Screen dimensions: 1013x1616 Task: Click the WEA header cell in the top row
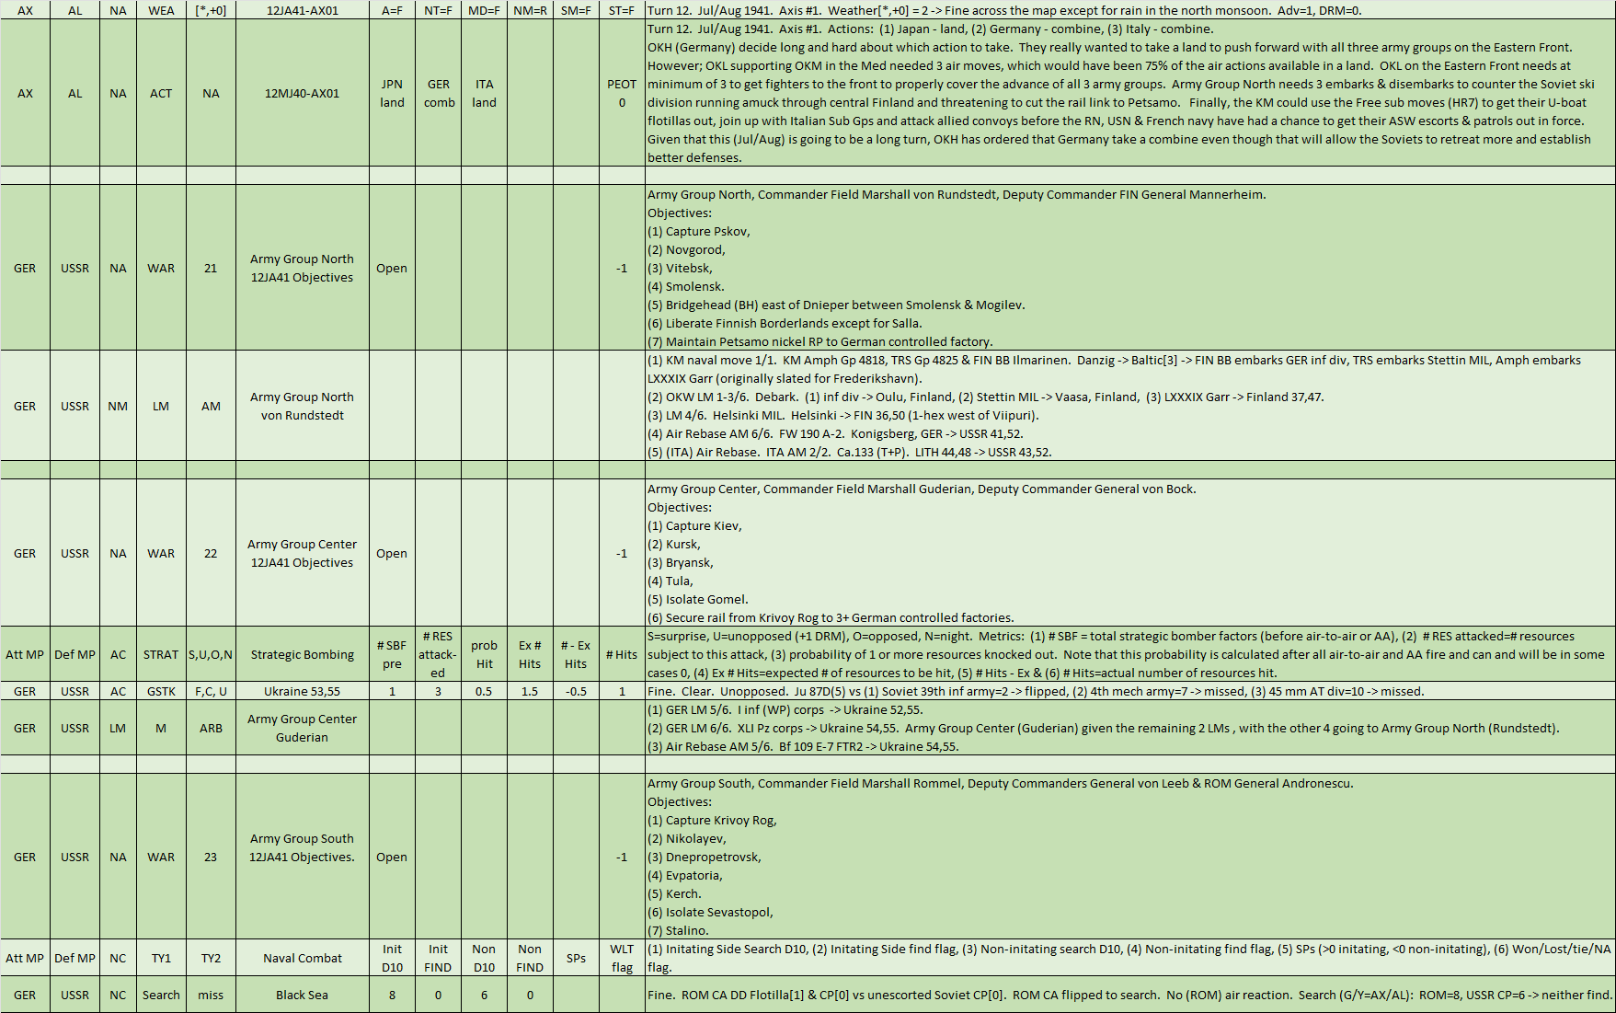pos(161,10)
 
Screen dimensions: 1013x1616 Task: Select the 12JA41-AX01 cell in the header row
pos(302,10)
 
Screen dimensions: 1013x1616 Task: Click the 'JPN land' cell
pos(392,93)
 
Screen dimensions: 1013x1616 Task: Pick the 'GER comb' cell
pos(439,93)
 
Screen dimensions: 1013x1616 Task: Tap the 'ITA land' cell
pos(484,93)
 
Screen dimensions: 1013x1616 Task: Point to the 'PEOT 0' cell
pos(622,93)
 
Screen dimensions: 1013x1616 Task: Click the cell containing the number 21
pos(211,268)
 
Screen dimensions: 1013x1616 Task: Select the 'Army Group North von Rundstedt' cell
pos(302,406)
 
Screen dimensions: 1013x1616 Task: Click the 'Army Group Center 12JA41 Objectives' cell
pos(302,553)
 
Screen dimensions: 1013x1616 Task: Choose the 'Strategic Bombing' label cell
pos(302,654)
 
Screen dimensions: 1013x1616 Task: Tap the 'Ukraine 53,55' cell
pos(302,691)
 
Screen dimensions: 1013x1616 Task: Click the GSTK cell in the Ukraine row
pos(161,691)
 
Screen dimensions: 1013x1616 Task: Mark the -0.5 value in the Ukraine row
pos(576,691)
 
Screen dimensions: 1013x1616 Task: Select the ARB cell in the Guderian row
pos(211,728)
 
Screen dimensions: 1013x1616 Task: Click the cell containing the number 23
pos(211,857)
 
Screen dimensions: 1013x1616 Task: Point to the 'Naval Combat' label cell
pos(302,958)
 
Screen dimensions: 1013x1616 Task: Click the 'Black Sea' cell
pos(302,995)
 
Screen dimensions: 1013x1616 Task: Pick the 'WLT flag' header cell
pos(622,958)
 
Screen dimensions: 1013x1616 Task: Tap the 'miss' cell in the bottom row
pos(211,995)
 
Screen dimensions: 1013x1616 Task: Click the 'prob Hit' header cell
pos(484,654)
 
